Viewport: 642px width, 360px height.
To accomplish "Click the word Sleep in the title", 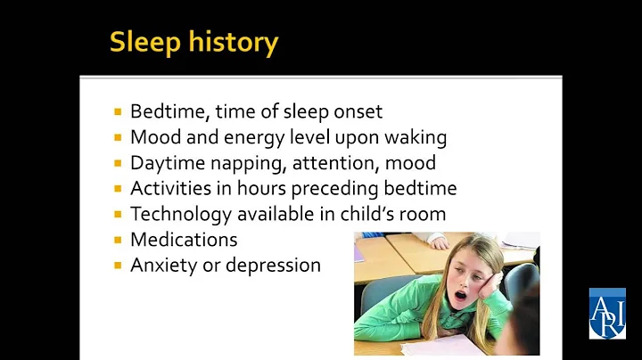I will (x=144, y=42).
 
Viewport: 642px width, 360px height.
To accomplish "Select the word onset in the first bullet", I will (x=356, y=111).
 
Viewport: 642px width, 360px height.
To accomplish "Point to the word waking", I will (x=416, y=137).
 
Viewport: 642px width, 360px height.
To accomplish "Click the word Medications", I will (x=184, y=240).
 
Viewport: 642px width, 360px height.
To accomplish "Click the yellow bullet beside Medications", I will (x=118, y=240).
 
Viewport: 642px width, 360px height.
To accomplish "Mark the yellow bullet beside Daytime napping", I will (x=118, y=163).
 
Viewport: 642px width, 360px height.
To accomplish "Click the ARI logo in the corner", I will (x=606, y=313).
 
